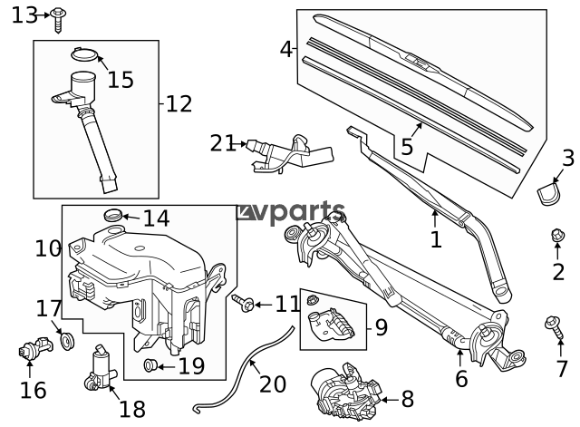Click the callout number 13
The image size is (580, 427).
coord(24,15)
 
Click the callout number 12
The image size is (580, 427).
coord(179,104)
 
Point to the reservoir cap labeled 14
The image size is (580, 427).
coord(114,216)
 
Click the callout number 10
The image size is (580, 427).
coord(48,247)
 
